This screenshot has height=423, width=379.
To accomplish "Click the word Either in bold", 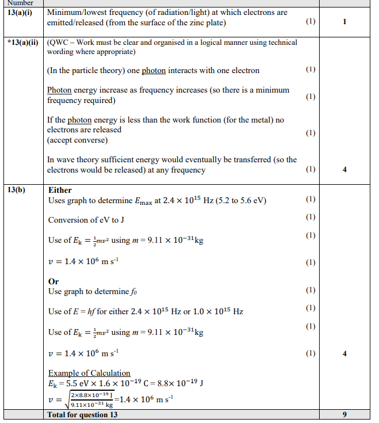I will (60, 190).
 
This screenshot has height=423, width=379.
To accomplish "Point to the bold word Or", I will (54, 281).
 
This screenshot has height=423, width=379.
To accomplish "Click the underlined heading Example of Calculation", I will (89, 373).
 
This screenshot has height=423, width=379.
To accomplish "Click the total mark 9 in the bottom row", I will (344, 414).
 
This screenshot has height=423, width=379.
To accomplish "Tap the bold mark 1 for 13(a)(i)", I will (344, 22).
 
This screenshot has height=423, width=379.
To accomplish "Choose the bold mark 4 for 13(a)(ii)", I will (344, 170).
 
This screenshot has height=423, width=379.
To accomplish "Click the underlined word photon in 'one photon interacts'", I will (154, 70).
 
